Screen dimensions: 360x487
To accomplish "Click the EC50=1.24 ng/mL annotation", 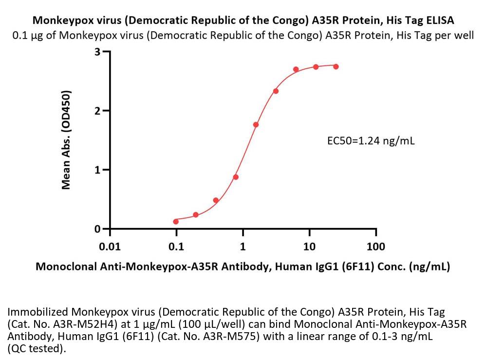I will coord(371,141).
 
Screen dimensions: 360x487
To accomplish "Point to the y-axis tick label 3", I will coord(98,52).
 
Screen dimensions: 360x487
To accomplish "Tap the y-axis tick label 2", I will coord(98,111).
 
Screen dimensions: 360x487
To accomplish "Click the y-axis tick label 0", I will coord(98,229).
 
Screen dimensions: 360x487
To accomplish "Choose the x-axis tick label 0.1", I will coord(176,246).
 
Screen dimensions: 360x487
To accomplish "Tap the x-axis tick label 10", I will coord(309,246).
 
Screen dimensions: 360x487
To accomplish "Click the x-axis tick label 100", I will coord(375,246).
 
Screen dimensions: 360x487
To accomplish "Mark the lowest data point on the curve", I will coord(176,222).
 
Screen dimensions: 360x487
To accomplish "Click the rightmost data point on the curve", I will coord(336,66).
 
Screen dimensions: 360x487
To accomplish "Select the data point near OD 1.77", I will coord(256,125).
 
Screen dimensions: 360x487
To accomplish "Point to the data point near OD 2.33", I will coord(276,91).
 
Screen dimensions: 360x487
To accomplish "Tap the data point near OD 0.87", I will coord(236,177).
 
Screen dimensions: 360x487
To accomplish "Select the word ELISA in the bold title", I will coord(439,20).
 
